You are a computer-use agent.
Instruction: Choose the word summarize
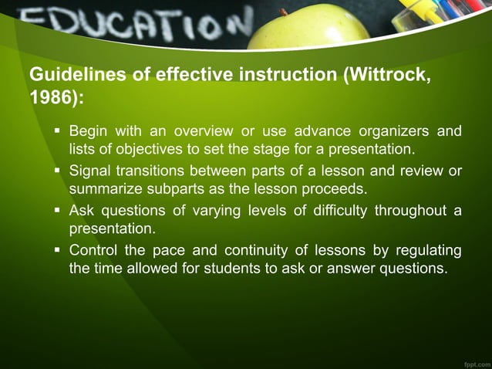[x=104, y=189]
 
